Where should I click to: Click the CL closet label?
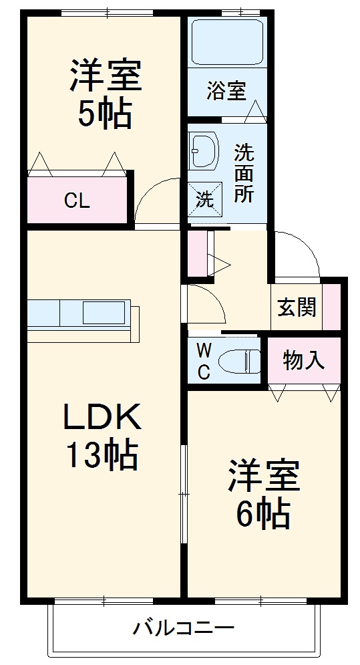tap(77, 201)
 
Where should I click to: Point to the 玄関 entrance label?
tap(297, 308)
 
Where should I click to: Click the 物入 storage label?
tap(304, 360)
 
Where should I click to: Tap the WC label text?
tap(204, 361)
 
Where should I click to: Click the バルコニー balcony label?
tap(183, 628)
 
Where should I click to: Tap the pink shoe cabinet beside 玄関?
tap(331, 307)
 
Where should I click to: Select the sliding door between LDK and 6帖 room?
tap(184, 495)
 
